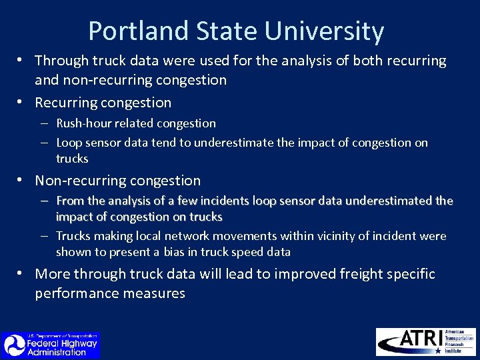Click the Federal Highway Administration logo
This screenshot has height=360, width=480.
[50, 345]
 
